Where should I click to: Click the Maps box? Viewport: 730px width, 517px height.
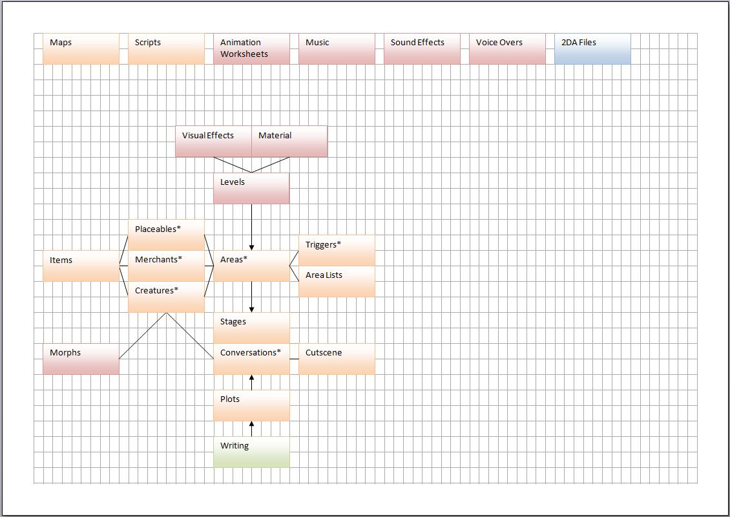[x=81, y=48]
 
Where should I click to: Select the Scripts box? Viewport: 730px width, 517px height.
[x=166, y=48]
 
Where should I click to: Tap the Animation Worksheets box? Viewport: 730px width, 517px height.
[x=251, y=48]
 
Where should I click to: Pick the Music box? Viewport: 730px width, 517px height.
[x=337, y=48]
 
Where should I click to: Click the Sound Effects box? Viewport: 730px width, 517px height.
[x=422, y=48]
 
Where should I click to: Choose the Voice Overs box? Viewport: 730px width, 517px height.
[x=507, y=48]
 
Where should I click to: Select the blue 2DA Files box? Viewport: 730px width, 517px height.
[x=592, y=48]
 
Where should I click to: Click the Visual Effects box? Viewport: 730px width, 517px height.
[x=213, y=141]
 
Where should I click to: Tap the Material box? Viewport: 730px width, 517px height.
[x=289, y=141]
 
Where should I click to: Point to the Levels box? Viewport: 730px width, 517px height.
[x=251, y=188]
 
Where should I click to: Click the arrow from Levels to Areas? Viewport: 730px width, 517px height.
[x=251, y=227]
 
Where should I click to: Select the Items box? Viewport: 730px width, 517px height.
[x=81, y=266]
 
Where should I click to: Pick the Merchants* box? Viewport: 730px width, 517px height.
[x=166, y=266]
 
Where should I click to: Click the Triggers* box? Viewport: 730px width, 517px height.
[x=337, y=250]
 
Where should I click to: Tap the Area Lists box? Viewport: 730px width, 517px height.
[x=337, y=281]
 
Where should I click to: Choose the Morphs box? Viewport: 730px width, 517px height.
[x=81, y=359]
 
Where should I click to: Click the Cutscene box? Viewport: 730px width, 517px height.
[x=337, y=359]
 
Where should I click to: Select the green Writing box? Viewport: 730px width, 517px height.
[x=251, y=452]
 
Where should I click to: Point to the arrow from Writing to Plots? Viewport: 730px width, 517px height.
[x=251, y=428]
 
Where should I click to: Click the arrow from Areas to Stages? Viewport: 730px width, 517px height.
[x=251, y=297]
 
